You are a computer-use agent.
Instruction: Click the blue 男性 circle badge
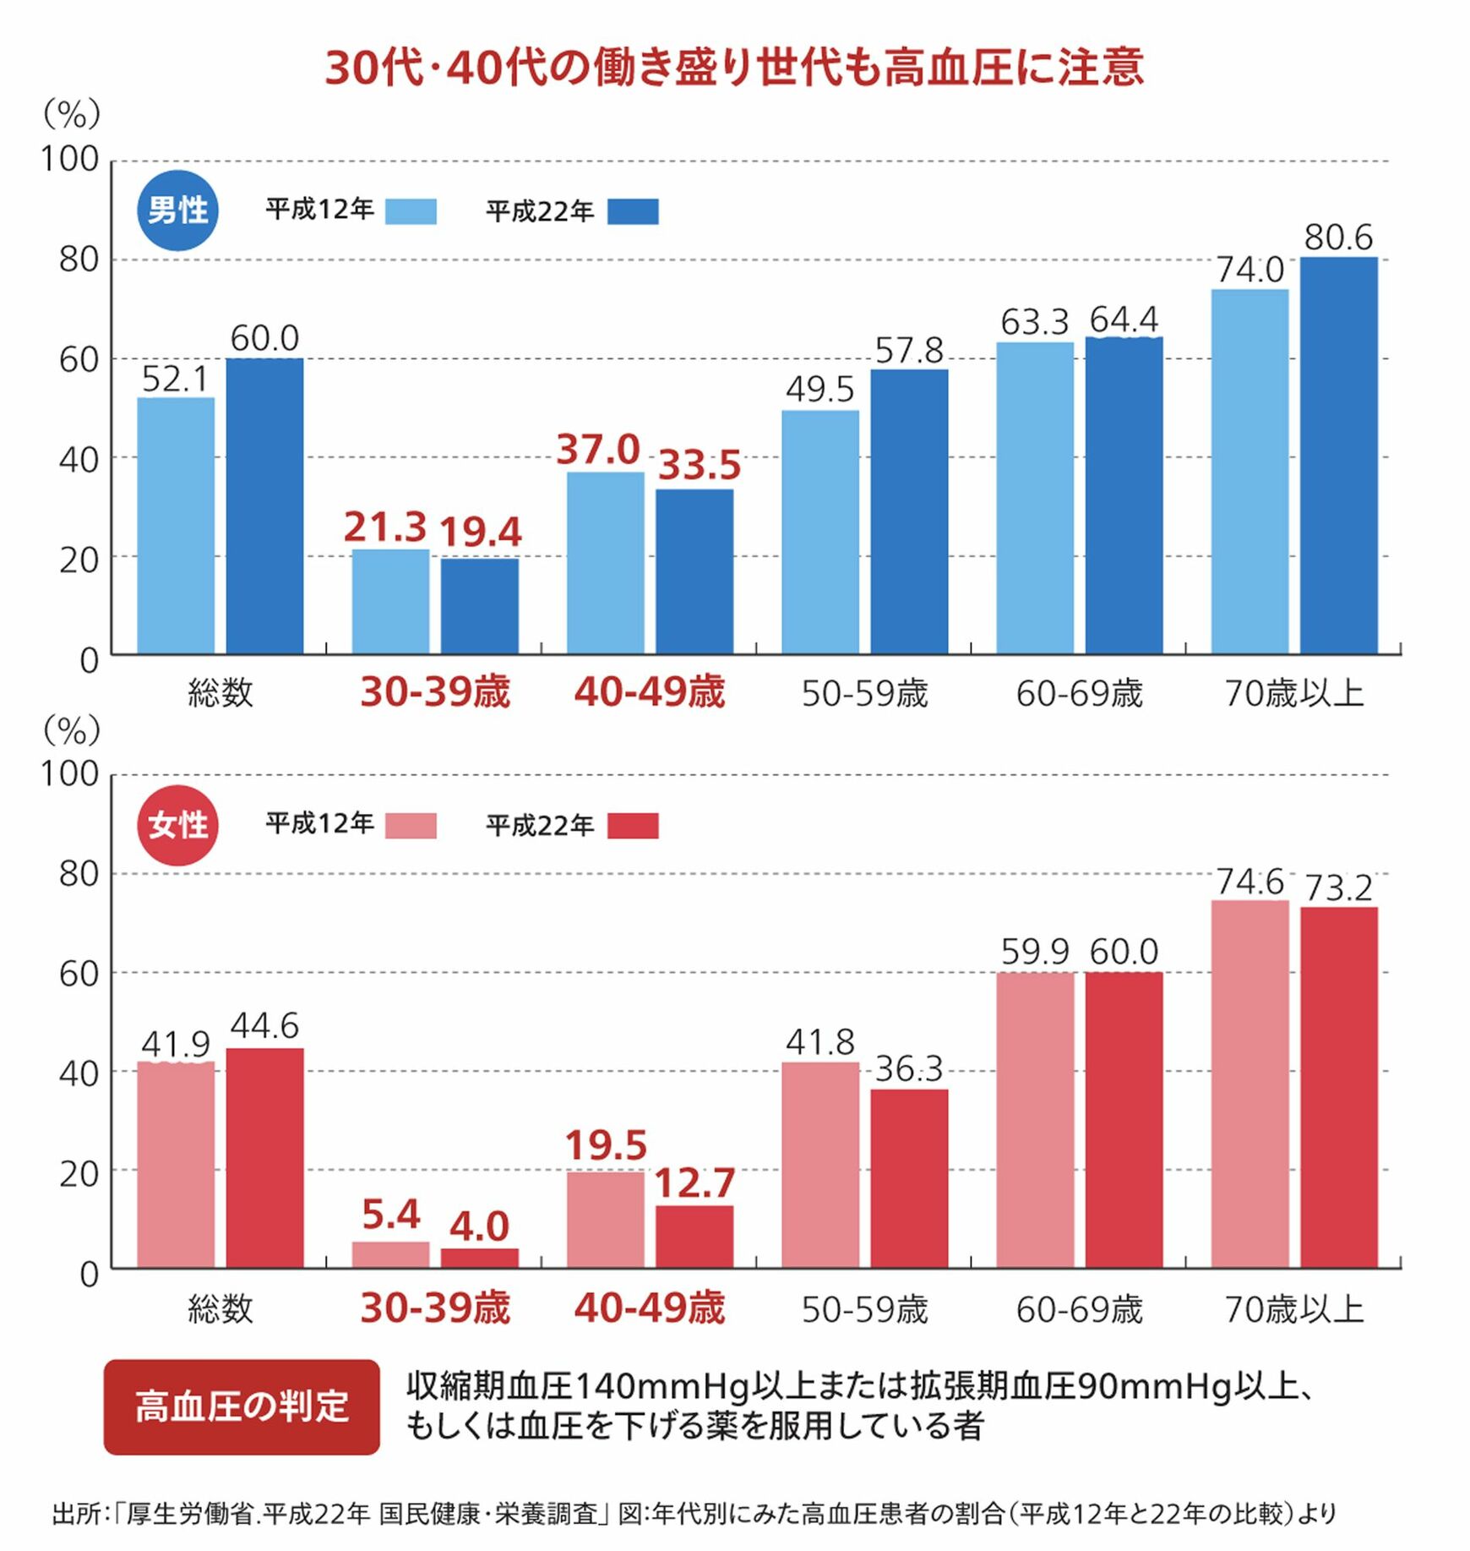(177, 210)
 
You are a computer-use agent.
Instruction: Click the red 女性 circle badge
(177, 825)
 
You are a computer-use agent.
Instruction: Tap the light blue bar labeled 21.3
(390, 602)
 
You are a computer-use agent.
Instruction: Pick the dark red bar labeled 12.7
(694, 1237)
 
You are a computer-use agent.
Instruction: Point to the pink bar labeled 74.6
(1249, 1084)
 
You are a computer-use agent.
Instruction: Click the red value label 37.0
(598, 450)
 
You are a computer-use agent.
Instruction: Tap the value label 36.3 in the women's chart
(909, 1069)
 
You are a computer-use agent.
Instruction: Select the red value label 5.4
(390, 1215)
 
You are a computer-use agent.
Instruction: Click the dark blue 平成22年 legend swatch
(633, 211)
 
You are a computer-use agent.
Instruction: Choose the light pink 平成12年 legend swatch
(411, 826)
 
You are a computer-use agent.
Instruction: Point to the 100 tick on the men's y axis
(70, 159)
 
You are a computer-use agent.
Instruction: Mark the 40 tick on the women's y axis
(79, 1073)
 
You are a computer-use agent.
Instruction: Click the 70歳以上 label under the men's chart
(1294, 694)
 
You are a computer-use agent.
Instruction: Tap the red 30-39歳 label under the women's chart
(435, 1308)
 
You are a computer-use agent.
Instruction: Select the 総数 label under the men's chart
(220, 694)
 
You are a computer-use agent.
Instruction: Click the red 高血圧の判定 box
(242, 1406)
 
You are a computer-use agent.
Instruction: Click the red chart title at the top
(734, 68)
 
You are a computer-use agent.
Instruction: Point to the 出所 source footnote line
(693, 1513)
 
